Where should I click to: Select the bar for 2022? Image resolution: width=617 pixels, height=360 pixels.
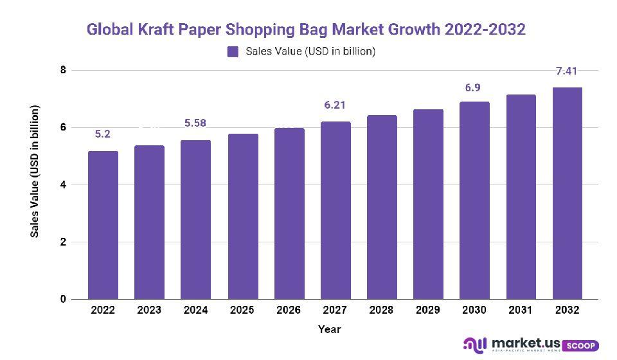tap(103, 225)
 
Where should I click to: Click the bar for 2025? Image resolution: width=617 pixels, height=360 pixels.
tap(243, 217)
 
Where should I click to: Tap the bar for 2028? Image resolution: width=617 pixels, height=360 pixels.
tap(382, 207)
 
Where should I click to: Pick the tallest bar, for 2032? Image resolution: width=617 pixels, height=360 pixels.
tap(568, 193)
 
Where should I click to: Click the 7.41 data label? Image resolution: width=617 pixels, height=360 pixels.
tap(568, 71)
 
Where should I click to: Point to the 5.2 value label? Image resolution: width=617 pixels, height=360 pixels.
tap(103, 134)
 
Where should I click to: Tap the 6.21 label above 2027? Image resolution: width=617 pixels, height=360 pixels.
tap(335, 105)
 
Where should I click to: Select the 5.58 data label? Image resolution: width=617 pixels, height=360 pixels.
tap(195, 123)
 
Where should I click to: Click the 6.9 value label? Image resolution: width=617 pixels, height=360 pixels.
tap(474, 87)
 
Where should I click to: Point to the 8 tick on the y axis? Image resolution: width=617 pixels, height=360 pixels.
tap(63, 70)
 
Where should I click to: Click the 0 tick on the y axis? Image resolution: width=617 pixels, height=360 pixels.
tap(63, 300)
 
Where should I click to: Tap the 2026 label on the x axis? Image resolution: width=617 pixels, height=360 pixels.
tap(289, 310)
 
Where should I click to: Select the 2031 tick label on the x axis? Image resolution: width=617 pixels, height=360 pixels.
tap(521, 310)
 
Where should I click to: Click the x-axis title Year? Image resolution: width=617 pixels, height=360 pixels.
tap(329, 330)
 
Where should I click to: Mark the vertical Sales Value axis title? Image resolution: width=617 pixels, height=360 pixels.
tap(35, 170)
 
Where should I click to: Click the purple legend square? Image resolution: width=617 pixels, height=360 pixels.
tap(233, 51)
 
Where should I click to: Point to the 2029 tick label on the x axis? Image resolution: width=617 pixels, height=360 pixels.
tap(428, 310)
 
